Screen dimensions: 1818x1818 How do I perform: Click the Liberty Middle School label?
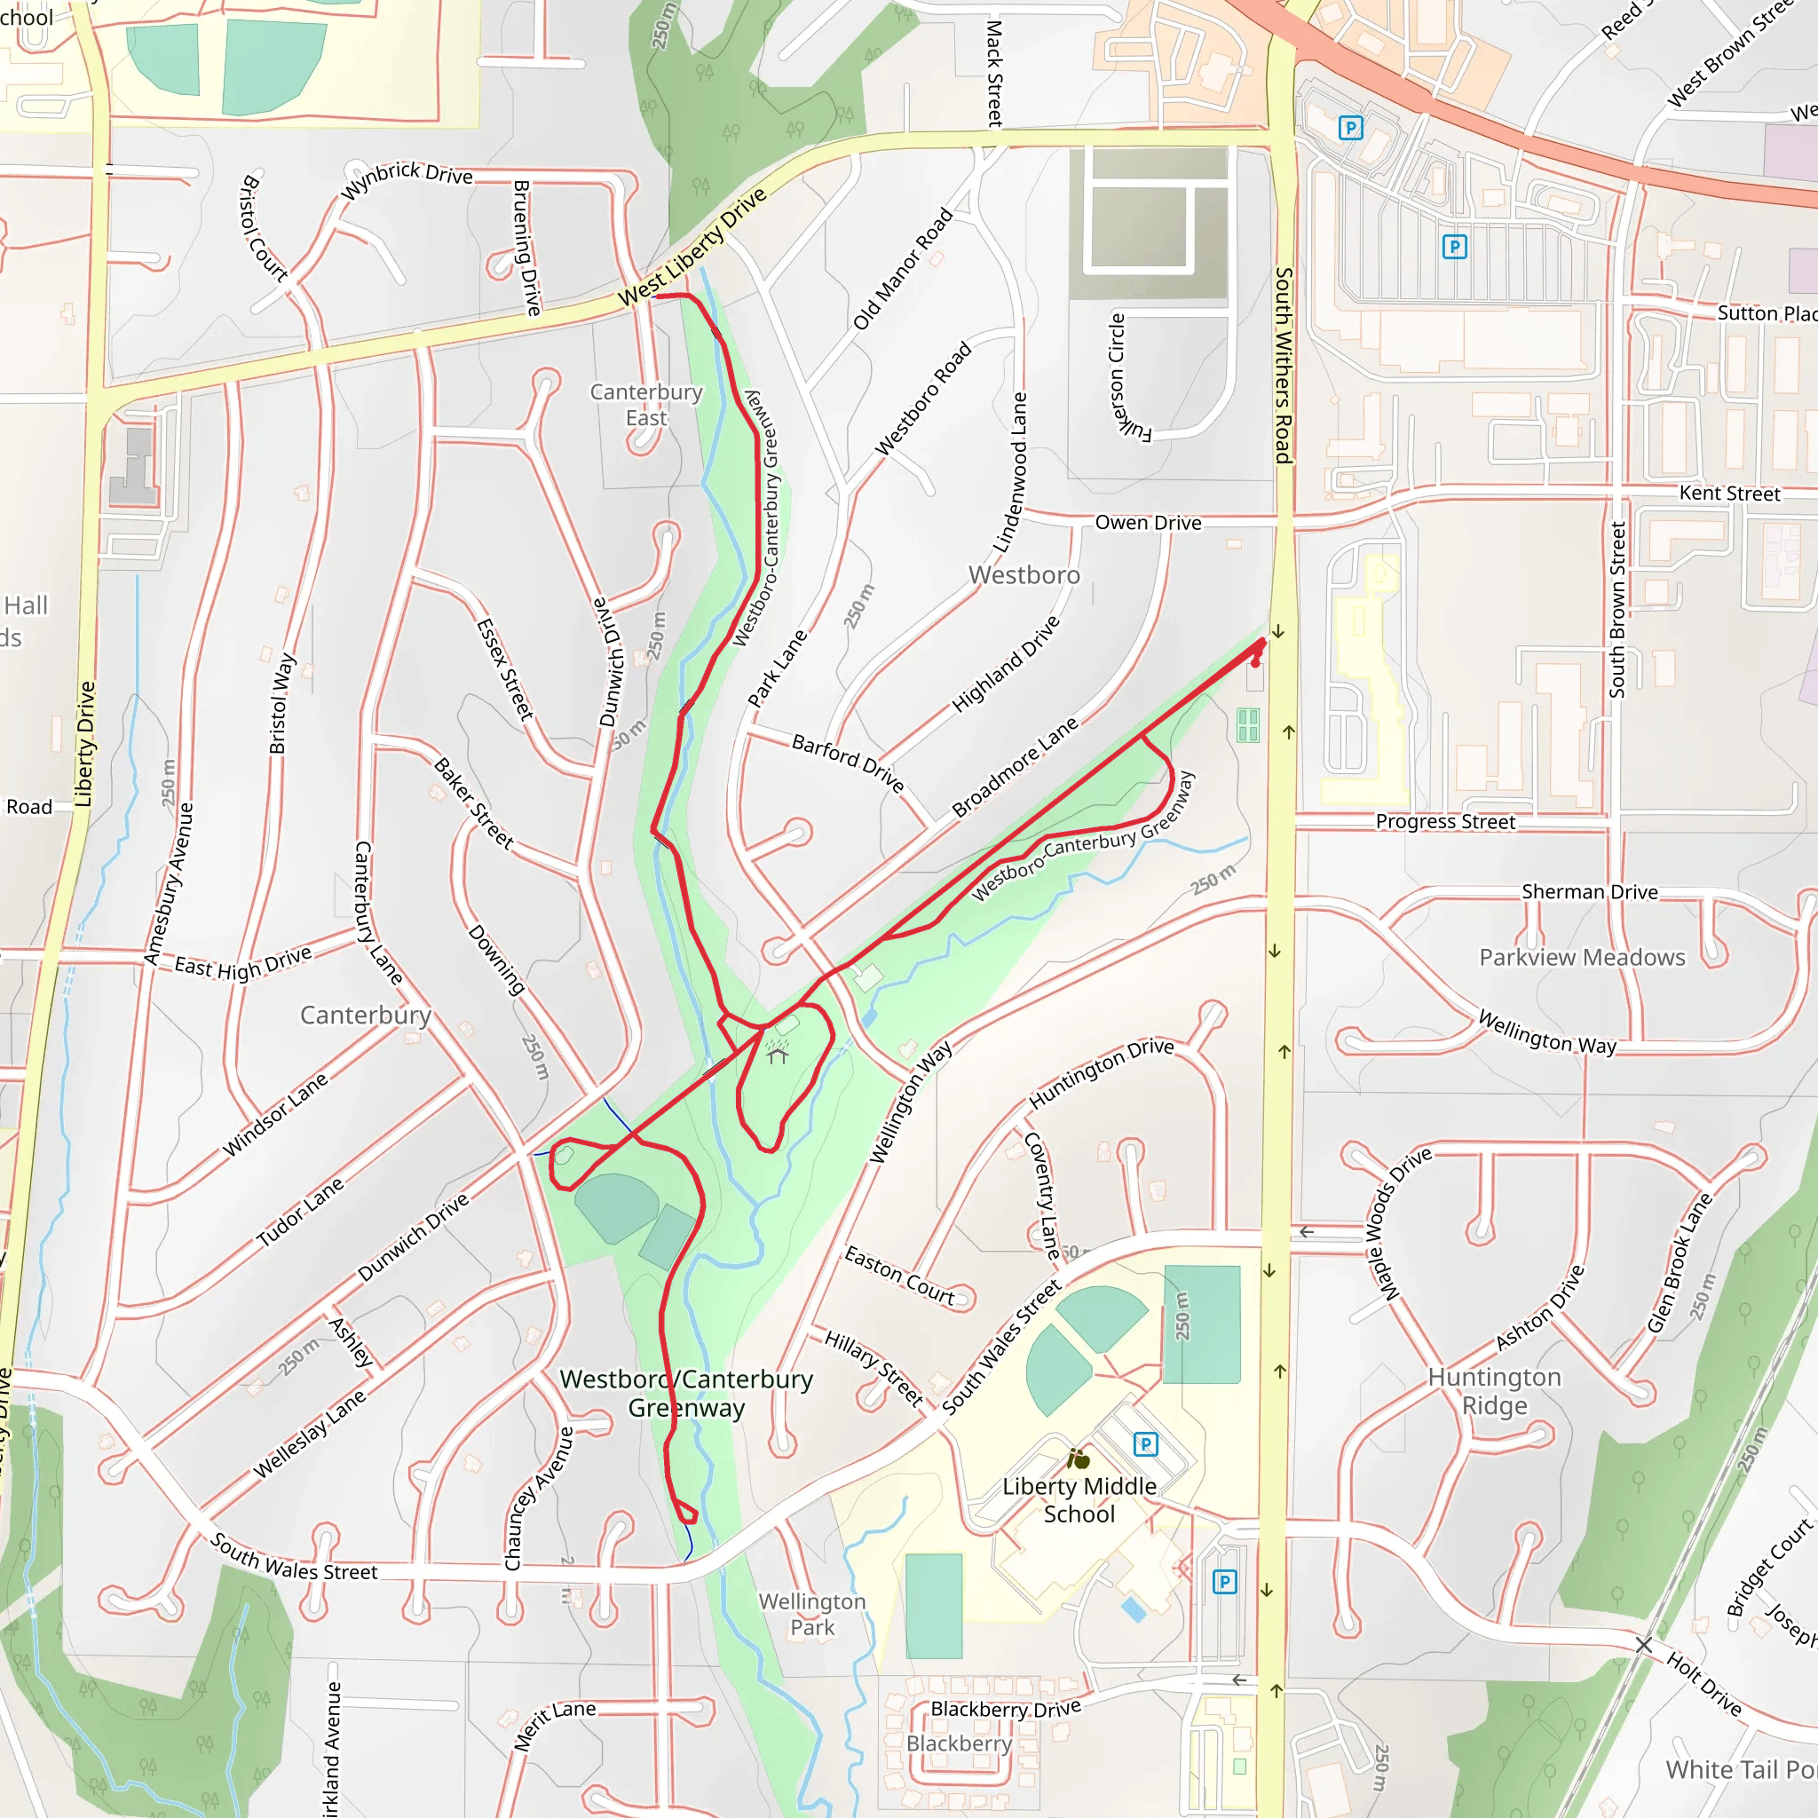[x=1079, y=1500]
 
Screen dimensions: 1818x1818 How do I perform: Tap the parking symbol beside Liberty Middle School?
[x=1145, y=1443]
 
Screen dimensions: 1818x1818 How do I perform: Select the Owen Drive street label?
[x=1147, y=522]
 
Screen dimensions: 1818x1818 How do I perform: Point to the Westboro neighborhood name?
[x=1024, y=575]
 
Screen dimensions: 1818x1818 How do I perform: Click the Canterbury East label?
[x=645, y=405]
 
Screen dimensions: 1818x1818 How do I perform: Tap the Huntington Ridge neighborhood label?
[x=1494, y=1391]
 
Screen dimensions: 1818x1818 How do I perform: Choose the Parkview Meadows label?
[x=1582, y=957]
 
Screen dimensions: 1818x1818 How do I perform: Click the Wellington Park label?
[x=811, y=1614]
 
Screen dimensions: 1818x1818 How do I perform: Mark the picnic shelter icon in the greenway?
[x=777, y=1053]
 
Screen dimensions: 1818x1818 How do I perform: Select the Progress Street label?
[x=1444, y=821]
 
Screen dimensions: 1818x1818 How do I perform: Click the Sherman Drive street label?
[x=1589, y=891]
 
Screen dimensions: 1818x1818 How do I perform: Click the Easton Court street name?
[x=898, y=1276]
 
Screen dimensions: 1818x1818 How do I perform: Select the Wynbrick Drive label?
[x=407, y=178]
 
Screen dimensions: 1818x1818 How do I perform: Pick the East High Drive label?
[x=242, y=963]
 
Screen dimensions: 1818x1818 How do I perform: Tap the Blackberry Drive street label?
[x=1005, y=1708]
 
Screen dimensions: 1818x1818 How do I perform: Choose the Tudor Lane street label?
[x=300, y=1213]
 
